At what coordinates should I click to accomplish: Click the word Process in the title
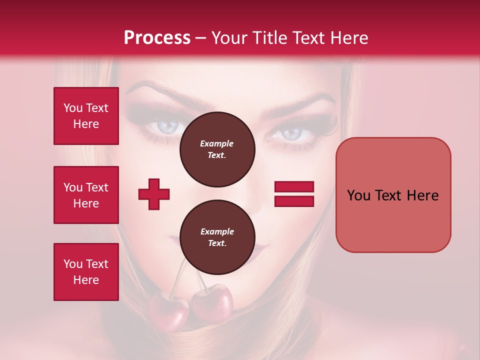click(157, 38)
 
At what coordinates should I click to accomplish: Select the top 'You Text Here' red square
click(86, 116)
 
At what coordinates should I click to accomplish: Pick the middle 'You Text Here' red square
click(86, 195)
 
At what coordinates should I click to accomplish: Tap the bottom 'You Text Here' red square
click(86, 272)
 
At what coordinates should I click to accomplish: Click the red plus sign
click(154, 194)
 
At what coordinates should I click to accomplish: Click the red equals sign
click(294, 194)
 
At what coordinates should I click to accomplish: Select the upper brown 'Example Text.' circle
click(217, 149)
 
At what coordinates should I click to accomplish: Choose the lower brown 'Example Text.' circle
click(217, 237)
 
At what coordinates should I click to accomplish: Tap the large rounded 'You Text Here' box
click(393, 195)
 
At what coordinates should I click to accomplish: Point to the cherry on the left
click(168, 308)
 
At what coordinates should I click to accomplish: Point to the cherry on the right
click(212, 302)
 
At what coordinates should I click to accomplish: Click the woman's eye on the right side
click(291, 133)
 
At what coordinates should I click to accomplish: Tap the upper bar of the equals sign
click(294, 187)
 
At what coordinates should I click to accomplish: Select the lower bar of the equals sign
click(294, 201)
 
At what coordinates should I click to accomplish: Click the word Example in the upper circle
click(217, 143)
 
